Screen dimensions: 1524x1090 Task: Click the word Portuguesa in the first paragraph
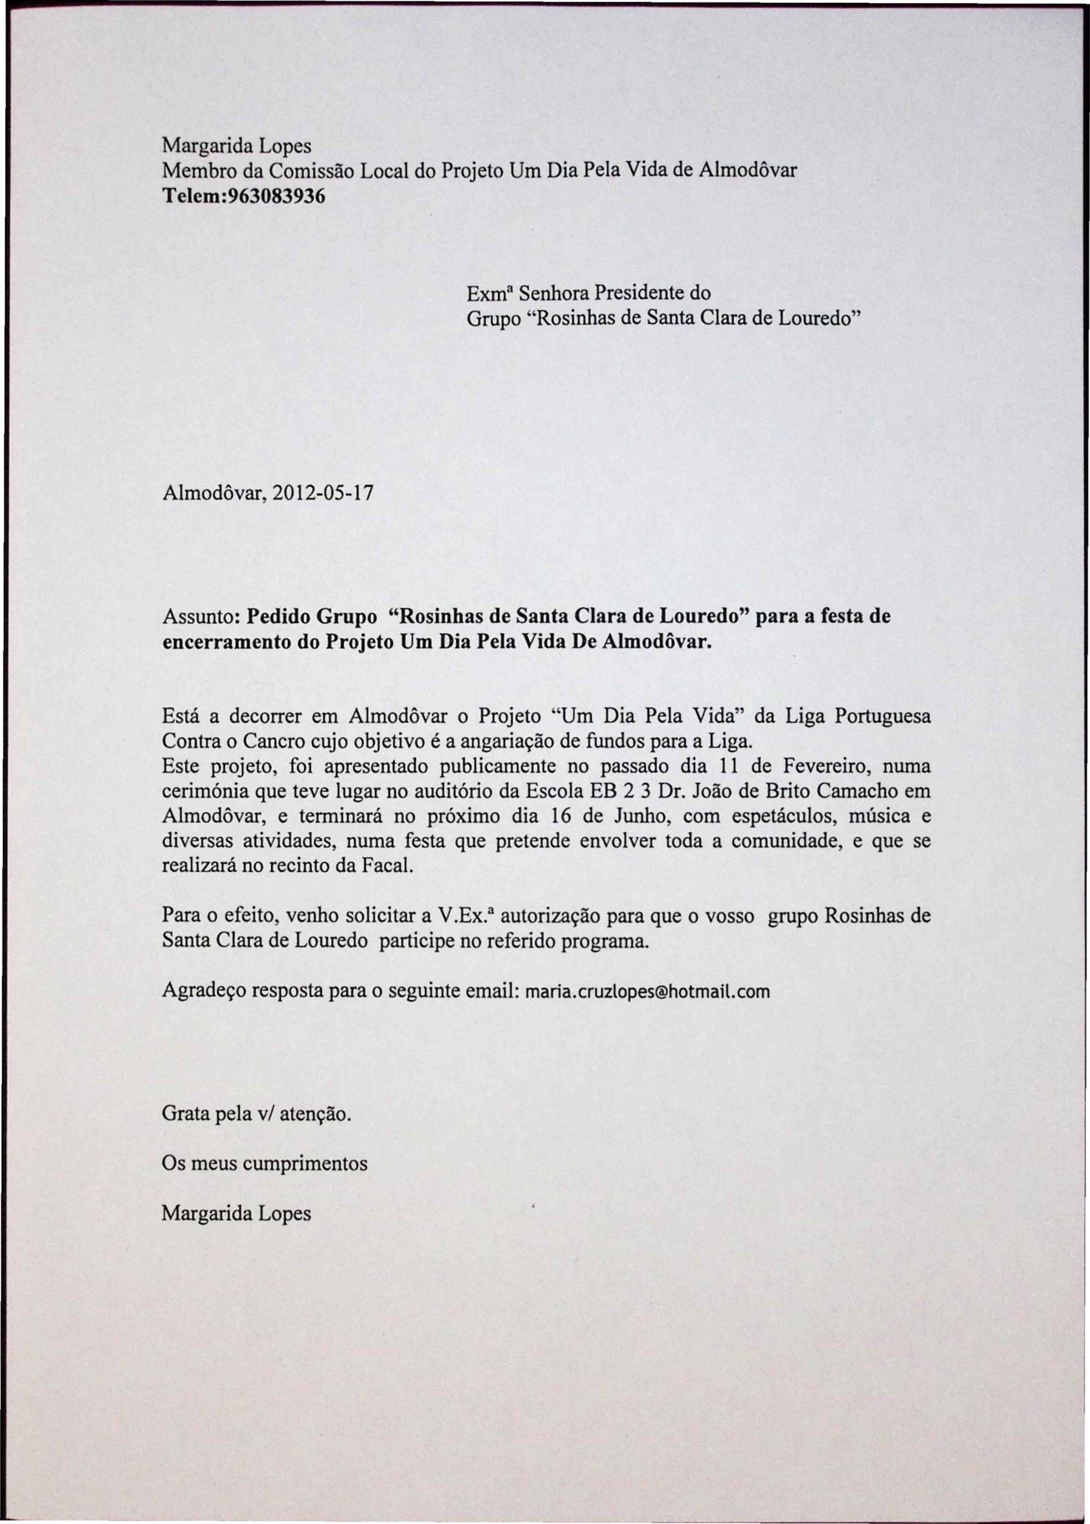[882, 716]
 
